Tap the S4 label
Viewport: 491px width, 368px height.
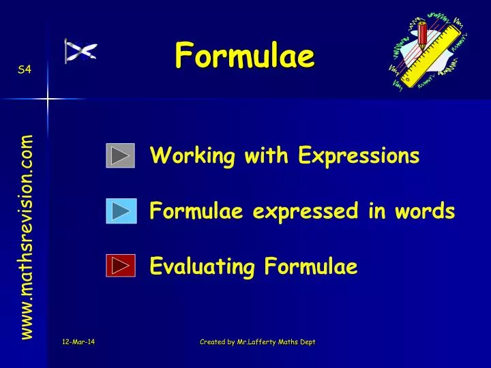(x=24, y=70)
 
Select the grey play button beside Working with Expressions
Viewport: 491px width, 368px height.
(x=121, y=156)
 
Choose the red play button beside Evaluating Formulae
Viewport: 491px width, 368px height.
(x=121, y=265)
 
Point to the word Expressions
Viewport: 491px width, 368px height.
(x=358, y=157)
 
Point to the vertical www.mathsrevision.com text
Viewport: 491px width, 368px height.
(x=27, y=236)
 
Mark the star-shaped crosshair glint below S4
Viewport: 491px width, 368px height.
(x=48, y=99)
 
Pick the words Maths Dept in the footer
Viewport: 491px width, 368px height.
(x=298, y=341)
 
